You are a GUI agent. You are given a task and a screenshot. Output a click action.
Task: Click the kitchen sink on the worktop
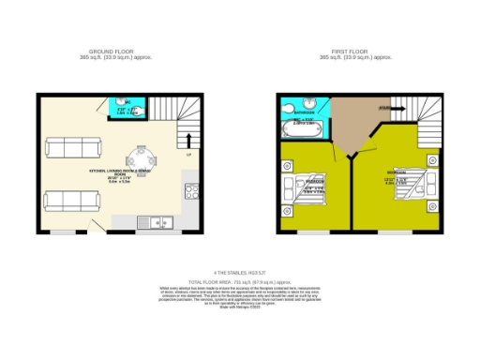[151, 222]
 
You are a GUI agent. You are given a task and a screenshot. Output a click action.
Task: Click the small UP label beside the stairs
[188, 154]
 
